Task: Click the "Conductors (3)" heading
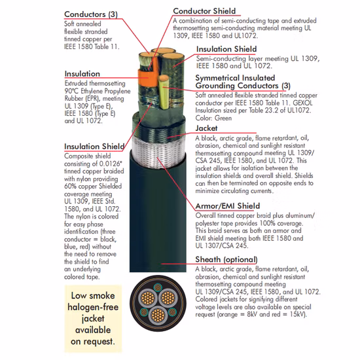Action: [x=91, y=14]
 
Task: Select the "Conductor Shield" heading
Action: [x=204, y=11]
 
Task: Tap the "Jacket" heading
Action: [x=206, y=128]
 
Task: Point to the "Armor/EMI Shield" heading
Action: [x=228, y=206]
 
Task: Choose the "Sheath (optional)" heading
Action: [x=226, y=259]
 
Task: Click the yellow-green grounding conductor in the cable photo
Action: [x=164, y=92]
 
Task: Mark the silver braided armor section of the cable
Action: [x=158, y=153]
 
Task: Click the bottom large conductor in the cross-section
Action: [x=158, y=315]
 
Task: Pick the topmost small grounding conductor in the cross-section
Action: [x=158, y=287]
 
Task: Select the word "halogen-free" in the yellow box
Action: [x=93, y=307]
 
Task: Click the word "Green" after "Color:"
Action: [x=223, y=118]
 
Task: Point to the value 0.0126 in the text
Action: [x=110, y=164]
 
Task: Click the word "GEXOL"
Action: [x=302, y=103]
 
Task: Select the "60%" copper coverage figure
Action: [x=70, y=186]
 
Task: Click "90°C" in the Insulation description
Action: [x=71, y=91]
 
